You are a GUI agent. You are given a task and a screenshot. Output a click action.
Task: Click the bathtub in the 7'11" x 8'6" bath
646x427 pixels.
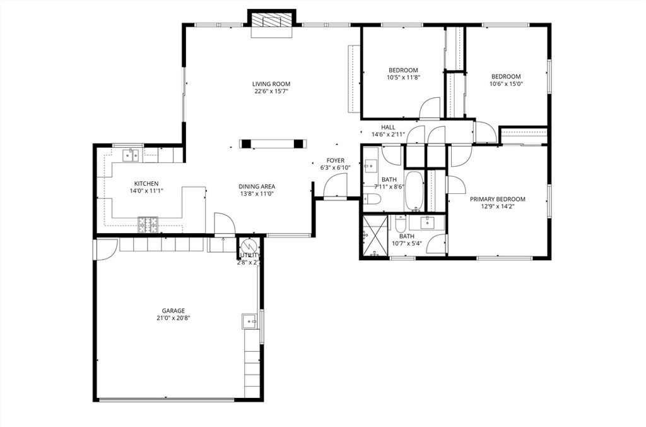pos(414,191)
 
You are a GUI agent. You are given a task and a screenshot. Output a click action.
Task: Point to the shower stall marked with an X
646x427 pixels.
pos(374,238)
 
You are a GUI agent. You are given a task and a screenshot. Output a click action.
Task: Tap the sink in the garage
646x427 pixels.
pos(249,322)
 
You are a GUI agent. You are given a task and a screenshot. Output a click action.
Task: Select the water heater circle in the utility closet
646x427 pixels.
pos(249,247)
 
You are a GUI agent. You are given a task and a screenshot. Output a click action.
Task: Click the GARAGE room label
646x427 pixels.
pos(173,310)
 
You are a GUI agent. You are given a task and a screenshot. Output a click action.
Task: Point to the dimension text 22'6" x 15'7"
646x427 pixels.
pos(272,92)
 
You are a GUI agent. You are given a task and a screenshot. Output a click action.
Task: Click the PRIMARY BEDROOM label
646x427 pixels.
pos(497,199)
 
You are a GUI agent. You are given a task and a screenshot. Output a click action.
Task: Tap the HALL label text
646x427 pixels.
pos(388,127)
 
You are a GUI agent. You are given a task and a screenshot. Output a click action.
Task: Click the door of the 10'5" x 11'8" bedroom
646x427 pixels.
pos(431,108)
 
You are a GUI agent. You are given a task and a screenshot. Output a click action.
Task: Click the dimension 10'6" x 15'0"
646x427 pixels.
pos(506,84)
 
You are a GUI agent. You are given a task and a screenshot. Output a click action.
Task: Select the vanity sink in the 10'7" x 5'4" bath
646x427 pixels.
pos(428,222)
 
